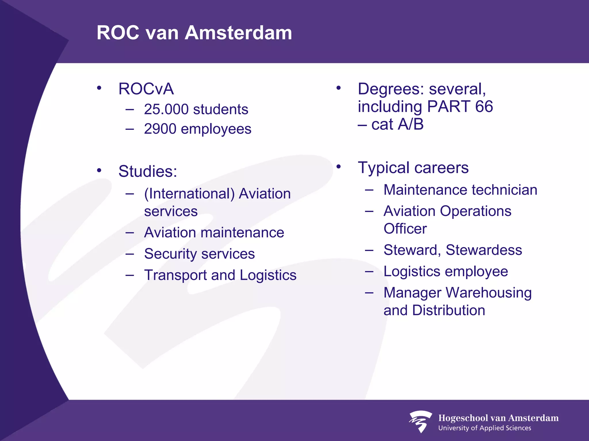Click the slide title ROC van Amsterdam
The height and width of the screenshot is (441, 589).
click(x=194, y=32)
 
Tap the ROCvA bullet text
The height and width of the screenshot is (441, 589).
click(x=146, y=89)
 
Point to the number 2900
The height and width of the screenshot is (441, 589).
click(x=160, y=129)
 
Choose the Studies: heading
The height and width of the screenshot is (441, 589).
click(x=148, y=171)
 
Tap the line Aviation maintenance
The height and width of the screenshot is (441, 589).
click(x=214, y=233)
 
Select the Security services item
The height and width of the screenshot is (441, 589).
click(x=199, y=254)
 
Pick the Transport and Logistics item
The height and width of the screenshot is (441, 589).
click(x=220, y=275)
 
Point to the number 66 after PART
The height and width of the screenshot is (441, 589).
click(x=484, y=107)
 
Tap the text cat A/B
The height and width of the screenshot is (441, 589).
click(x=397, y=125)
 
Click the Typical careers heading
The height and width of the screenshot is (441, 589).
click(x=413, y=168)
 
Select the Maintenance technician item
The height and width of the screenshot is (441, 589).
click(x=460, y=190)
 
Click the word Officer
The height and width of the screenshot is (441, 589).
click(x=405, y=229)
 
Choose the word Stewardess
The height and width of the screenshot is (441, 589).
click(x=484, y=250)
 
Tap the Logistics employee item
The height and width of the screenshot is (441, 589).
click(x=445, y=272)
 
